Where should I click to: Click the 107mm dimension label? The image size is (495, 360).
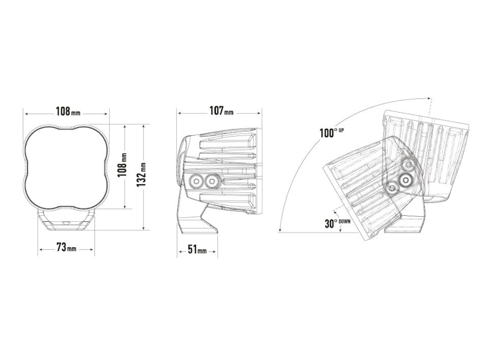pyautogui.click(x=221, y=111)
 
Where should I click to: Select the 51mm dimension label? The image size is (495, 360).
pyautogui.click(x=197, y=249)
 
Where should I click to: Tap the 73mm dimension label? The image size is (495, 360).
pyautogui.click(x=66, y=247)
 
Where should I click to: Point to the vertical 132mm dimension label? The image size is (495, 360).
pyautogui.click(x=141, y=175)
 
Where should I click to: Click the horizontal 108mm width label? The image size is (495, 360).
pyautogui.click(x=68, y=112)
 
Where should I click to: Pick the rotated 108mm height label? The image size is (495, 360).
pyautogui.click(x=122, y=165)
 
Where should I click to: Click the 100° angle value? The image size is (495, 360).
pyautogui.click(x=328, y=133)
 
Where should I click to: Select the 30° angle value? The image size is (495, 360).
pyautogui.click(x=331, y=224)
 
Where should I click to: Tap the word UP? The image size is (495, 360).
pyautogui.click(x=341, y=131)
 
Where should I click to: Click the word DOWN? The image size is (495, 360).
pyautogui.click(x=344, y=221)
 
